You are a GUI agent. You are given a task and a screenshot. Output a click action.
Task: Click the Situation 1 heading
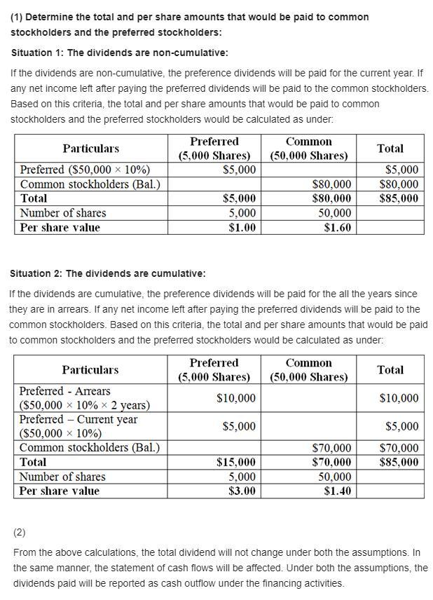119,53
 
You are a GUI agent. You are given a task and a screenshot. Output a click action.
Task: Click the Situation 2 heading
107,273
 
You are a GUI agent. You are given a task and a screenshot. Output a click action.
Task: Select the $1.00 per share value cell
242,227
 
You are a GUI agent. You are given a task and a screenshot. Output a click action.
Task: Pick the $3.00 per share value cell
242,491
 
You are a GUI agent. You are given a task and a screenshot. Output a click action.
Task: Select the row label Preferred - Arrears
64,391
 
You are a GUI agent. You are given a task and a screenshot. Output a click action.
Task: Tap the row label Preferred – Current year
78,419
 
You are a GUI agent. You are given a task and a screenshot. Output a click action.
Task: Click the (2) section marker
19,533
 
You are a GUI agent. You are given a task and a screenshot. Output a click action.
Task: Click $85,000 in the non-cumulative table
399,198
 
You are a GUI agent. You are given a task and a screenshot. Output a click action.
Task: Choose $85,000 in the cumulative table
399,462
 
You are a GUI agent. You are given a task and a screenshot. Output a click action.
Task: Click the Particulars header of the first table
90,149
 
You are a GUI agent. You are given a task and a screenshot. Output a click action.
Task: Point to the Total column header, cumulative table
390,369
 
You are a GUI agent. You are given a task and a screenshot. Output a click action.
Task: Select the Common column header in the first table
308,149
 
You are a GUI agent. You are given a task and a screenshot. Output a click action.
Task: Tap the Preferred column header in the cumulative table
214,369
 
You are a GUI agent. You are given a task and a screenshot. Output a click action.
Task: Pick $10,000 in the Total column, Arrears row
399,398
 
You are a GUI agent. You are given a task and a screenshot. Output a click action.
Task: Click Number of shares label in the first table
63,213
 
